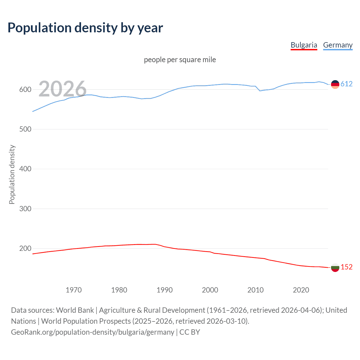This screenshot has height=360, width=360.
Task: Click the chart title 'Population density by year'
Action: pyautogui.click(x=85, y=28)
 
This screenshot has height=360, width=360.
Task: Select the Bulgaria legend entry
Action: pyautogui.click(x=304, y=45)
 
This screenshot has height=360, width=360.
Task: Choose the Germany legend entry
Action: pyautogui.click(x=337, y=45)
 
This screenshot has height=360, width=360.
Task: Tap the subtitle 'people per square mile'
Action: pyautogui.click(x=180, y=60)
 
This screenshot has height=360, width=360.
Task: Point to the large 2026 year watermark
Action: pyautogui.click(x=62, y=89)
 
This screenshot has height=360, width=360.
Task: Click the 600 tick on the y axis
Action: pyautogui.click(x=25, y=90)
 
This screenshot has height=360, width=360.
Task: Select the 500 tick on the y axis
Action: pyautogui.click(x=25, y=129)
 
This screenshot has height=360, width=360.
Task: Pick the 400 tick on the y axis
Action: pyautogui.click(x=25, y=169)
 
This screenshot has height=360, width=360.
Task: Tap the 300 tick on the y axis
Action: pyautogui.click(x=25, y=209)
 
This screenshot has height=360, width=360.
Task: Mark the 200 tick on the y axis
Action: pyautogui.click(x=25, y=248)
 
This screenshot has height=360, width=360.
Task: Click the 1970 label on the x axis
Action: pyautogui.click(x=74, y=290)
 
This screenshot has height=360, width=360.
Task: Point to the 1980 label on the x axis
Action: pyautogui.click(x=119, y=290)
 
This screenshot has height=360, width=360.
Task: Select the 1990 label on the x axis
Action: pyautogui.click(x=165, y=290)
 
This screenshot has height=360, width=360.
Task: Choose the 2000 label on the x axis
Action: pyautogui.click(x=210, y=290)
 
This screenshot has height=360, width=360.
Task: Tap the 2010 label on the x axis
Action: pyautogui.click(x=255, y=290)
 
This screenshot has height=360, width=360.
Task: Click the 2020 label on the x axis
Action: pyautogui.click(x=301, y=290)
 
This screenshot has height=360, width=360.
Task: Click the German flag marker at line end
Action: pyautogui.click(x=335, y=84)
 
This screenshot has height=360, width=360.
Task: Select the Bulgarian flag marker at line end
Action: pyautogui.click(x=335, y=267)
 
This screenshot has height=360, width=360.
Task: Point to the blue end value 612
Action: pyautogui.click(x=346, y=84)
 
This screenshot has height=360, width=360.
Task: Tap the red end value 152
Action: pyautogui.click(x=346, y=267)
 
